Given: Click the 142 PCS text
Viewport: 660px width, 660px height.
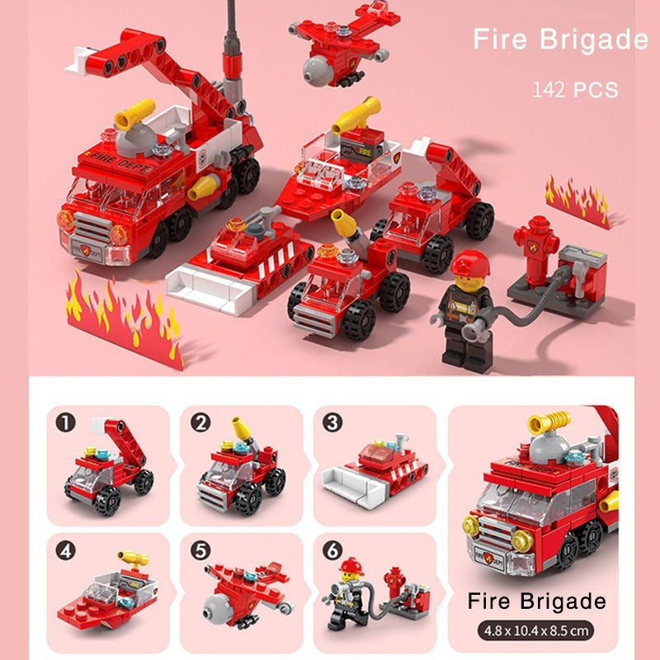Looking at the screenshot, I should pos(575,89).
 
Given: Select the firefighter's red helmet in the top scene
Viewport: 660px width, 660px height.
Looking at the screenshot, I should pos(469,266).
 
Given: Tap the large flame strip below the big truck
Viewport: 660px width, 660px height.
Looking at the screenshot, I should pos(124,318).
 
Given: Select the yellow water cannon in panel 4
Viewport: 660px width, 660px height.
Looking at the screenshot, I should pos(132,559).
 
